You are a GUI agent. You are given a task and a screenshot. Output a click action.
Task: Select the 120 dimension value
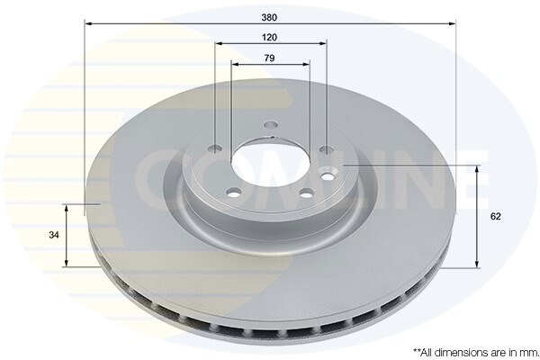[x=270, y=37]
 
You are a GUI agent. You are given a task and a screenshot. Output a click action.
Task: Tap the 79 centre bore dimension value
[x=270, y=58]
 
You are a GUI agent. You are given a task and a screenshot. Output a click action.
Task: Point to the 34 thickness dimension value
[x=54, y=235]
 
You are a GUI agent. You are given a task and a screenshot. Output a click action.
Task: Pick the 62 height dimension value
[x=496, y=217]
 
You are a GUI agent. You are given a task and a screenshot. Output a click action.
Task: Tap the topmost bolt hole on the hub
[x=270, y=127]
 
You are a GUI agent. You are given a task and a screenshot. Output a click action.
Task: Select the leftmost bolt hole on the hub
[x=215, y=149]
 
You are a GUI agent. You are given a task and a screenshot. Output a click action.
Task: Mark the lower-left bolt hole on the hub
[x=233, y=192]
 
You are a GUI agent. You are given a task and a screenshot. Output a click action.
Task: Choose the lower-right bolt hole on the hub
[x=305, y=192]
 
